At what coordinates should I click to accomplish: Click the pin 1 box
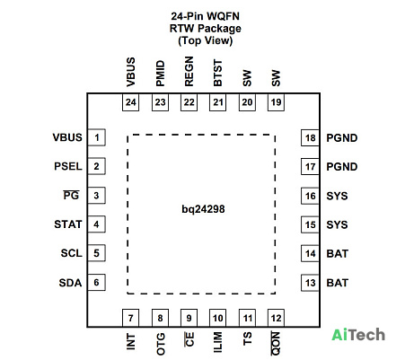point(96,137)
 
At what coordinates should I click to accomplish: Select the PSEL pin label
point(68,166)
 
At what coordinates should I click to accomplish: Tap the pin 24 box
point(131,102)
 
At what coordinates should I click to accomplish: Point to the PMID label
point(161,74)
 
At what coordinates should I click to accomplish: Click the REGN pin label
point(189,72)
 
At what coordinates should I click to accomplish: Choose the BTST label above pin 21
point(218,73)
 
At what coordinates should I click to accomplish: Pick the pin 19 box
point(276,102)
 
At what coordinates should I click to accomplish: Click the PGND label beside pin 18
point(342,138)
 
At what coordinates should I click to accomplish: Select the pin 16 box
point(310,196)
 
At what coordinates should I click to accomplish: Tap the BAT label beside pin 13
point(338,283)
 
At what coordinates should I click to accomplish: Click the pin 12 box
point(276,318)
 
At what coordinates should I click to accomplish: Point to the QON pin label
point(276,343)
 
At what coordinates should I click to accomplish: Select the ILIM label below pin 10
point(218,342)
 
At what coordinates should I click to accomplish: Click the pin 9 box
point(189,318)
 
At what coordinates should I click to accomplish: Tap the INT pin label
point(131,342)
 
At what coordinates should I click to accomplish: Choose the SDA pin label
point(70,283)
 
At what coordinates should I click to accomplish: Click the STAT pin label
point(68,224)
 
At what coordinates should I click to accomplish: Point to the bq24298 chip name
point(203,209)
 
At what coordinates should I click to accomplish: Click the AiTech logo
point(358,335)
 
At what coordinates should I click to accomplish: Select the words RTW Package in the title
point(206,29)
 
